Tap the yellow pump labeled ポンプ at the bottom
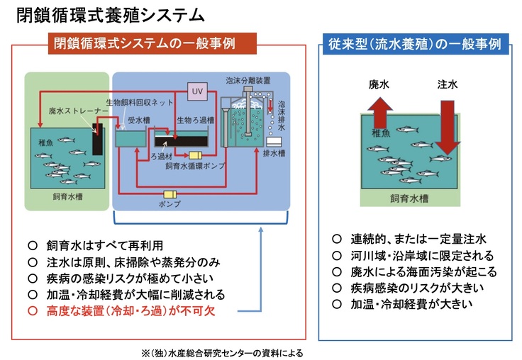(x=171, y=195)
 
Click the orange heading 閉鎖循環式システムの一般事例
(x=155, y=43)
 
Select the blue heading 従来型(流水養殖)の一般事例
(x=413, y=43)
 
